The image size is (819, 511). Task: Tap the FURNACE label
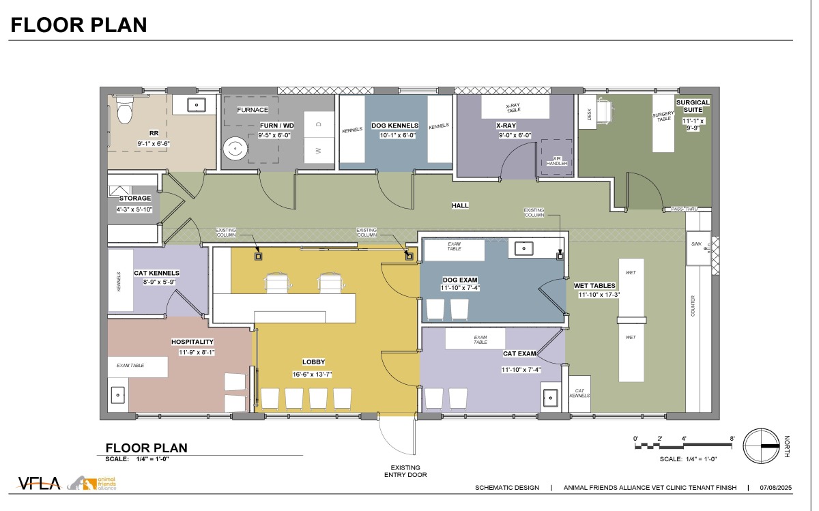(x=253, y=110)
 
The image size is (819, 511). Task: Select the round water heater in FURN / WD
(x=235, y=149)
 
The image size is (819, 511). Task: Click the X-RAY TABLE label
(x=513, y=108)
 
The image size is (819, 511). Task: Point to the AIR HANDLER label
(x=557, y=161)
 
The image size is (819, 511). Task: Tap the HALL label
(x=460, y=206)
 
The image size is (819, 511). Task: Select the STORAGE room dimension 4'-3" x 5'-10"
(x=134, y=210)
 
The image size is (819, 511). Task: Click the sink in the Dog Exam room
(x=524, y=249)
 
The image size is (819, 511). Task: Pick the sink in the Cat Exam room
(x=550, y=398)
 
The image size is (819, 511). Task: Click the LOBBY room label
(x=313, y=362)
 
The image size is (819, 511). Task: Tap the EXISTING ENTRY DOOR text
(x=405, y=471)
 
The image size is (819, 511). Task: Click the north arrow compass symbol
(x=762, y=446)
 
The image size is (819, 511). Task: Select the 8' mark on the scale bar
(x=732, y=439)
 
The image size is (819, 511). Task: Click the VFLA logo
(x=39, y=483)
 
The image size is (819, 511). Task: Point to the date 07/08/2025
(x=775, y=488)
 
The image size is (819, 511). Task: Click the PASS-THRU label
(x=684, y=209)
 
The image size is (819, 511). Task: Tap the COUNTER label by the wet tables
(x=693, y=306)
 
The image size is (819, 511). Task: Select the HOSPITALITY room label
(x=192, y=342)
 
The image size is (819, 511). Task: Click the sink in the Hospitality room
(x=117, y=395)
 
